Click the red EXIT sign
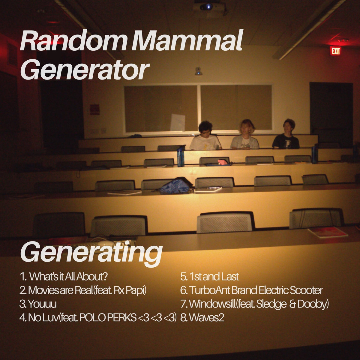(x=335, y=51)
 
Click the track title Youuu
(x=42, y=304)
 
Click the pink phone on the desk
(x=223, y=162)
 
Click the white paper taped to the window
(x=177, y=122)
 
